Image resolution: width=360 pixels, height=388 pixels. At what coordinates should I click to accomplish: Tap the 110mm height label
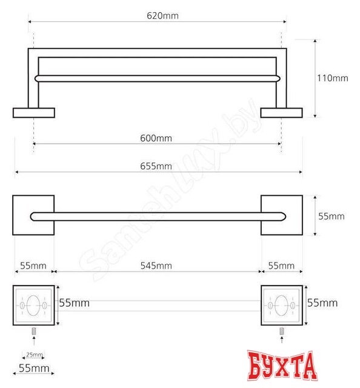(333, 78)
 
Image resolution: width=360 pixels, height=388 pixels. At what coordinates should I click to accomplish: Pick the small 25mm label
(34, 355)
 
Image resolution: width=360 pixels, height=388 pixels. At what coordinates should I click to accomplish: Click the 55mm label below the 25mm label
(34, 369)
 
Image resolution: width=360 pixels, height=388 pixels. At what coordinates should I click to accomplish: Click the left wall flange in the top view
(34, 113)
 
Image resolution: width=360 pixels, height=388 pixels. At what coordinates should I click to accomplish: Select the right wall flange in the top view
(281, 113)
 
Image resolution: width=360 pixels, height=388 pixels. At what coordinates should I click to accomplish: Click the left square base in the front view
(34, 215)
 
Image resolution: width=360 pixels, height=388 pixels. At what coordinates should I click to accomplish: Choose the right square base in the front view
(282, 215)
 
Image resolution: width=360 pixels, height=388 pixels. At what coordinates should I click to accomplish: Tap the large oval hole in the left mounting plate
(34, 306)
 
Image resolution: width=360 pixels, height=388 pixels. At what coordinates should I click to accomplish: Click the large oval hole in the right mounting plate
(282, 306)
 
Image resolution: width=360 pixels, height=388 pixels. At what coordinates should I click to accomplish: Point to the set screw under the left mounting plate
(35, 331)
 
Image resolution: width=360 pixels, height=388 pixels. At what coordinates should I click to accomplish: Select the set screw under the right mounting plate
(282, 331)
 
